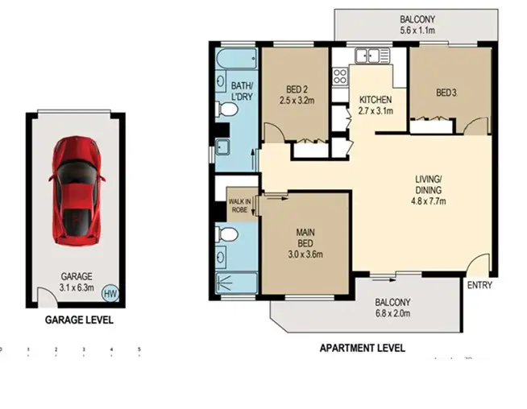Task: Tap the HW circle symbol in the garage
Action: (109, 293)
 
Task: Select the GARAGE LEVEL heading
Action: (78, 320)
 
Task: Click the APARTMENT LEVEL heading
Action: (362, 349)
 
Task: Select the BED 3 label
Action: (446, 93)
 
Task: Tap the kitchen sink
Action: (370, 56)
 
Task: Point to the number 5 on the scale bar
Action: (139, 350)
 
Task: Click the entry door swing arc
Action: (479, 265)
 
